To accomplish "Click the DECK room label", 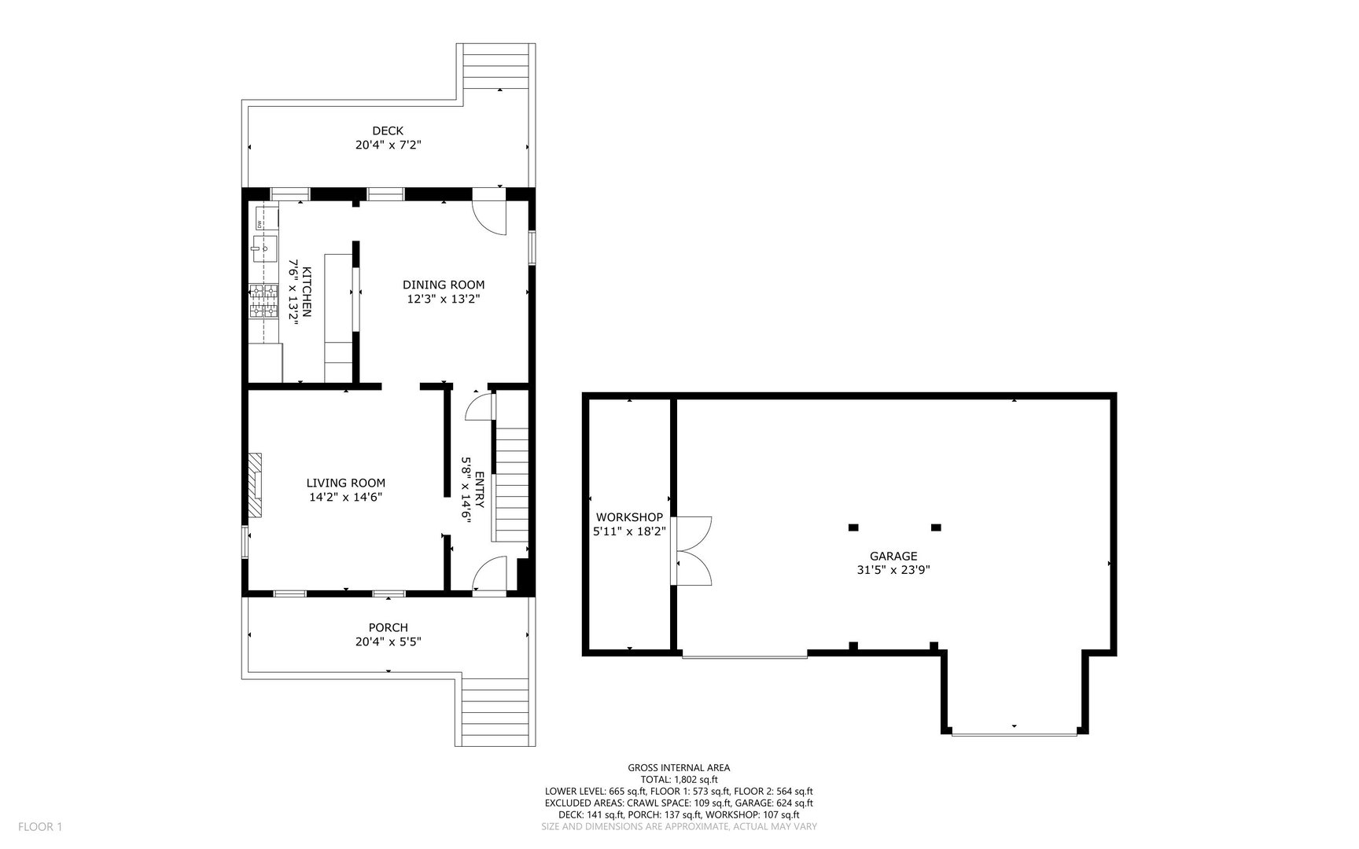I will point(388,130).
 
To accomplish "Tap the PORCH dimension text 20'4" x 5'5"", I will point(388,641).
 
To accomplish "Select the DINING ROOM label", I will point(444,285).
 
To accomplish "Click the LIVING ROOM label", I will point(345,483).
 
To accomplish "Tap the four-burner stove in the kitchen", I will point(263,302).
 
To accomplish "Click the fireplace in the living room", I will point(255,485).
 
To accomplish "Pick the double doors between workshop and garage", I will point(692,550).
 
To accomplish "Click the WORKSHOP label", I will point(629,516).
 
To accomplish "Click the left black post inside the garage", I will point(853,527).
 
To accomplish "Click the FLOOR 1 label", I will point(39,826).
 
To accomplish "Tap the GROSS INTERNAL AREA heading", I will point(679,768).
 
